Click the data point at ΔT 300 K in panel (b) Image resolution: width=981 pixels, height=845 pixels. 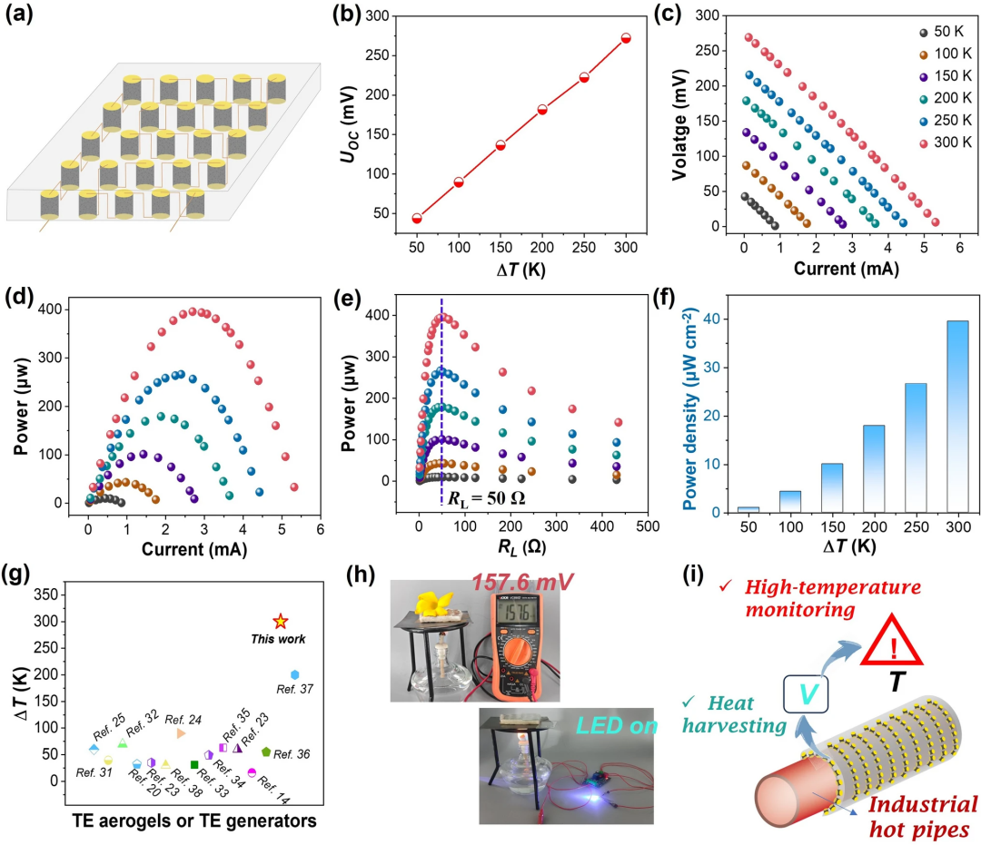click(625, 38)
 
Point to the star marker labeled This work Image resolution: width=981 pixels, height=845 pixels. click(281, 622)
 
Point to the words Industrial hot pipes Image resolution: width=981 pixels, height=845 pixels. click(923, 815)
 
